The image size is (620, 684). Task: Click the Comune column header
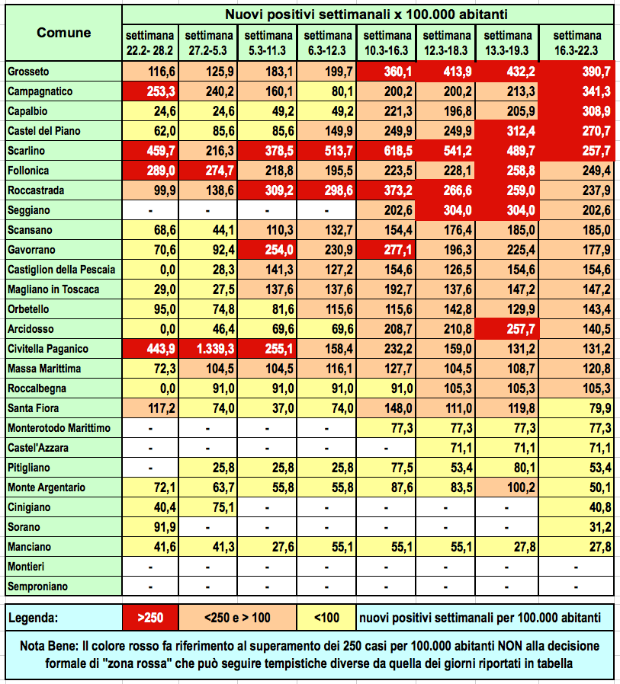click(64, 33)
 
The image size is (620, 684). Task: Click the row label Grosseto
click(28, 72)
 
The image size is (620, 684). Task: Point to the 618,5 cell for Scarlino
click(387, 151)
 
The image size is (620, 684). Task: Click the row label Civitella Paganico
click(48, 349)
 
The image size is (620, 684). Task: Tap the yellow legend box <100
click(328, 616)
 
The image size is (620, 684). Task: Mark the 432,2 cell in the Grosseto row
click(507, 72)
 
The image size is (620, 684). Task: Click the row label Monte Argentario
click(47, 487)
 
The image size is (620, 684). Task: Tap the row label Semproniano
click(37, 587)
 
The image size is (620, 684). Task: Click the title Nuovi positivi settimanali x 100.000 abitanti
click(368, 14)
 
